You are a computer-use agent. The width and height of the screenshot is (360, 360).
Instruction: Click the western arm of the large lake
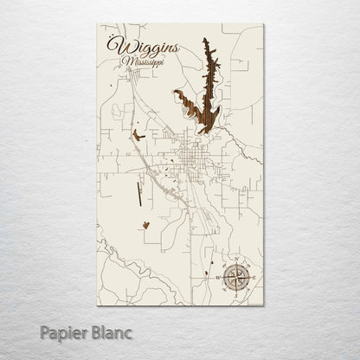[x=183, y=98]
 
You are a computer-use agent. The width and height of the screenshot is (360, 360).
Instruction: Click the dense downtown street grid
[x=191, y=157]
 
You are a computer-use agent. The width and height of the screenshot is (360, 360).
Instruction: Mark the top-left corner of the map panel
[x=97, y=24]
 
